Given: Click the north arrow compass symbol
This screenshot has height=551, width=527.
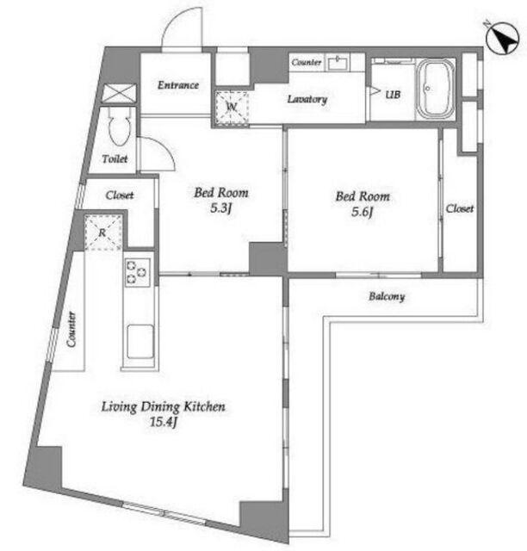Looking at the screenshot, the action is point(502,38).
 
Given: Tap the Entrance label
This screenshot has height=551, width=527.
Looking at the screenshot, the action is point(178,85).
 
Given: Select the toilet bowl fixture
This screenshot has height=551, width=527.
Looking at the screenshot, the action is point(119,127).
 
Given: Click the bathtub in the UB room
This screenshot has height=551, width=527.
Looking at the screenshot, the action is point(435,90).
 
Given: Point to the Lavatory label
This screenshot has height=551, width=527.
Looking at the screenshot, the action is point(307,99).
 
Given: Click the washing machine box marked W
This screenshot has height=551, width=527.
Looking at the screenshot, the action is point(232,107).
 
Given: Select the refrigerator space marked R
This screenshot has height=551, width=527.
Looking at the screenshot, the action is point(102,232).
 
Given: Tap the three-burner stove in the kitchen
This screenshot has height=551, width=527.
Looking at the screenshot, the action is point(138,272).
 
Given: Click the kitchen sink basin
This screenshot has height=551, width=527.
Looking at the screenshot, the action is point(139,341).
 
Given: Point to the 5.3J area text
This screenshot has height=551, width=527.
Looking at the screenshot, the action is point(220,208).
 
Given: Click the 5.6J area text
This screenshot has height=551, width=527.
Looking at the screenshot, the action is point(362,212).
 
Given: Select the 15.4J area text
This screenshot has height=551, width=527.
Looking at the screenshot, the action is point(163,421).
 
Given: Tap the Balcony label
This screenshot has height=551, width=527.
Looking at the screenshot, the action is point(387,296).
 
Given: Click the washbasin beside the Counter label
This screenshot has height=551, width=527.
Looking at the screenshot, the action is point(338,63).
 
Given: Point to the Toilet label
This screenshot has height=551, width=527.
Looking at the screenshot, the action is point(115,159).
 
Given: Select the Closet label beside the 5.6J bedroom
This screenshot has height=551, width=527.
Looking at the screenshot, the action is point(460,208).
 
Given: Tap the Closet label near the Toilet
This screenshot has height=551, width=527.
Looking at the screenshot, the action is point(120,195).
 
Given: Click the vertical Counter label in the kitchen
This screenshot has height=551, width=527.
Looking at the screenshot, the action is point(71,329).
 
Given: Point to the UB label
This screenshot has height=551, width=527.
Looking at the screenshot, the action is point(393,94).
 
